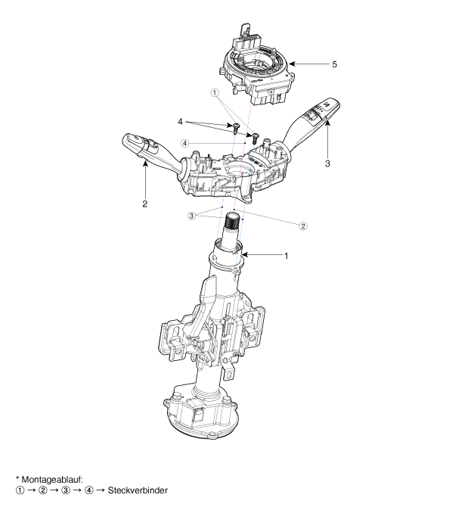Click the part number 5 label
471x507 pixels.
(334, 64)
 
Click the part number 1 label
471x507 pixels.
(286, 256)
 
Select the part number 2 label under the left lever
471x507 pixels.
(144, 204)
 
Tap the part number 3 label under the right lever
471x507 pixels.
(327, 163)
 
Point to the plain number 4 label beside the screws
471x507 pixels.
(180, 122)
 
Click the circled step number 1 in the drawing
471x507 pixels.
(215, 93)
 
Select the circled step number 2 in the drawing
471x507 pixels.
(302, 226)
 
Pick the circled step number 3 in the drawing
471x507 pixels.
(191, 216)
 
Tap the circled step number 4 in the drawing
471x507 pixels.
(184, 143)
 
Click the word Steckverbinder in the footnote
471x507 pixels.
(138, 490)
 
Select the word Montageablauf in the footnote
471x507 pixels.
(52, 479)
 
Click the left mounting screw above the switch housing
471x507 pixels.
(236, 128)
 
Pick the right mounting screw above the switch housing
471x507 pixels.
(256, 137)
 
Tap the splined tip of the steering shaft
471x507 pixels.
(232, 221)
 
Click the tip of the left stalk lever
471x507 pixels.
(125, 139)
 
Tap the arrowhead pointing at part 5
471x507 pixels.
(292, 64)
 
